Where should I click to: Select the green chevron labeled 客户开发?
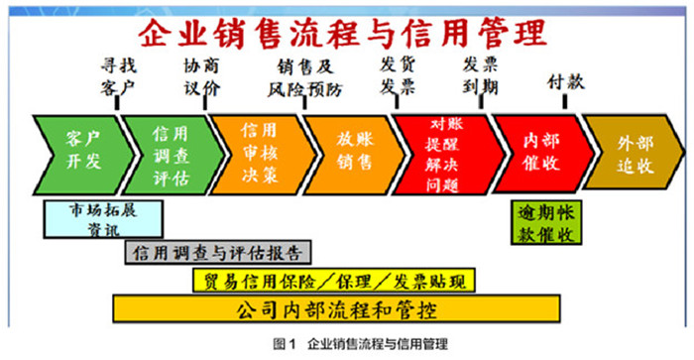(81, 151)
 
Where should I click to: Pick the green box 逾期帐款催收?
(547, 222)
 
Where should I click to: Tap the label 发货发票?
(398, 75)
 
